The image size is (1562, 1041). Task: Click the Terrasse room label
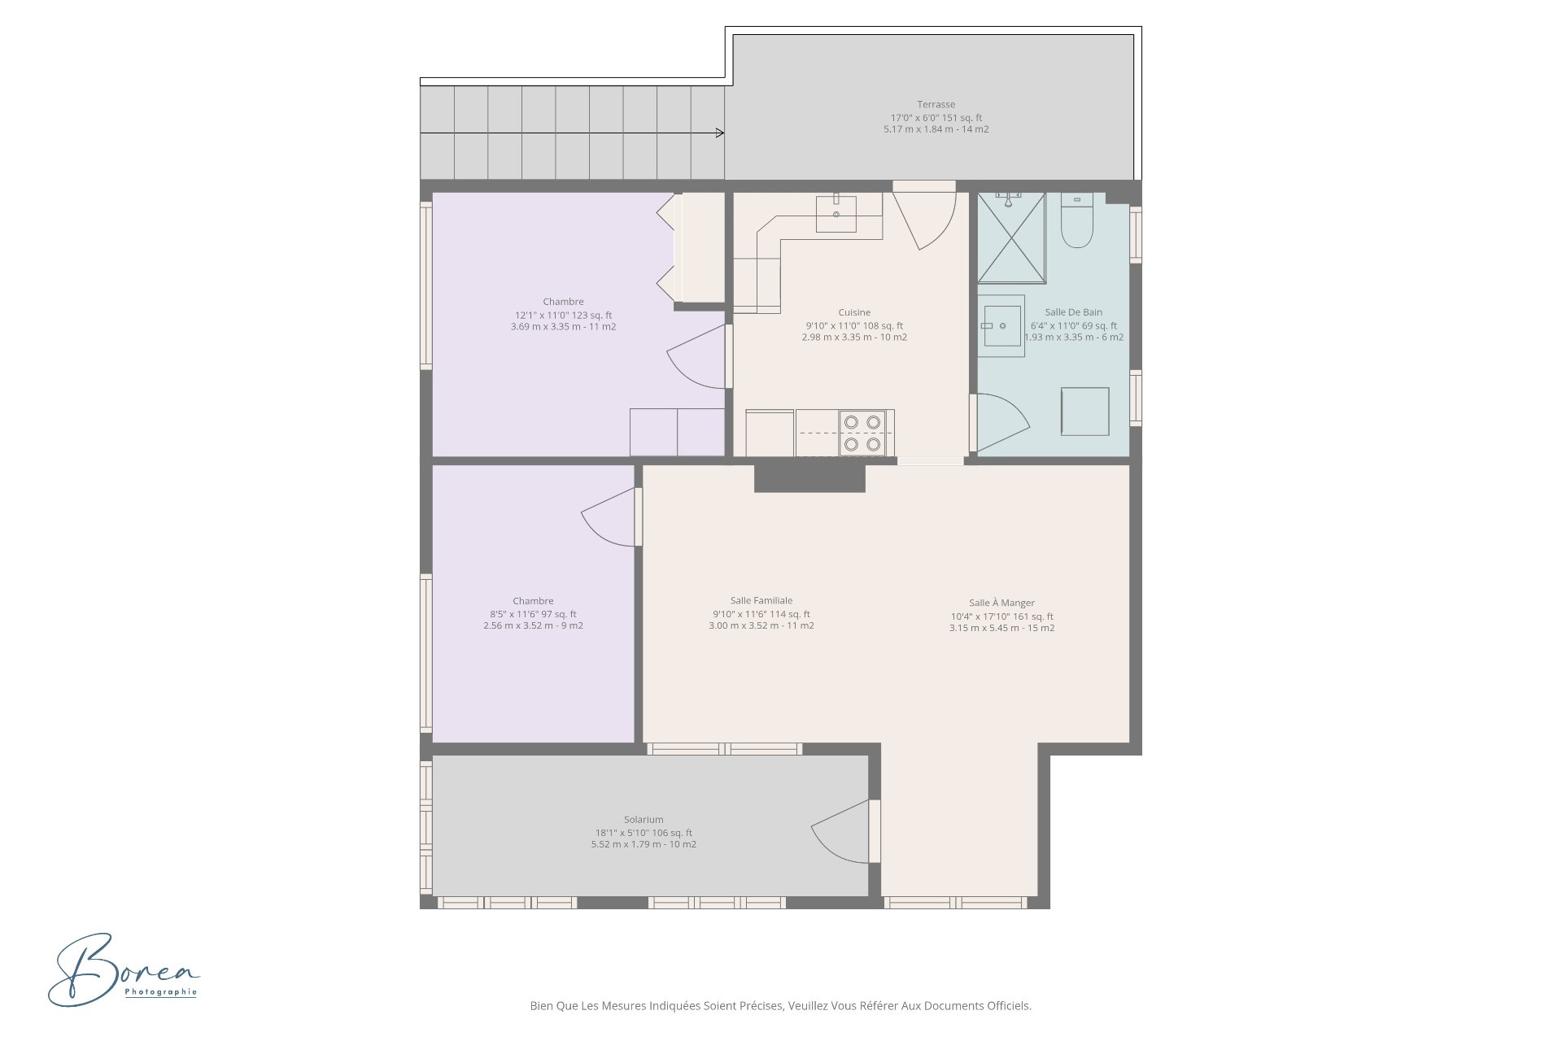[x=936, y=104]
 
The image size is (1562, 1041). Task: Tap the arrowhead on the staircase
[x=720, y=133]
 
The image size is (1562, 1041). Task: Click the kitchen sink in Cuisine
[x=836, y=213]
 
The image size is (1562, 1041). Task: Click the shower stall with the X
[x=1011, y=237]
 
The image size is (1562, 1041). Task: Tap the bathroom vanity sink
[x=1001, y=325]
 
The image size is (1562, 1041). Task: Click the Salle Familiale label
[x=761, y=601]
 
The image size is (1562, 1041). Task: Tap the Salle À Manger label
[x=1001, y=603]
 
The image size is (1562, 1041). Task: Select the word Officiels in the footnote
[x=1010, y=1006]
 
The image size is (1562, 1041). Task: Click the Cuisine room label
[x=854, y=312]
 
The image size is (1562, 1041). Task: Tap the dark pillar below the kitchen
[x=809, y=478]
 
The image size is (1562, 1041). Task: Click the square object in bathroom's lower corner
[x=1084, y=412]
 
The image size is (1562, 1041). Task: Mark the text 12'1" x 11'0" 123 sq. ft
[x=563, y=316]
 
